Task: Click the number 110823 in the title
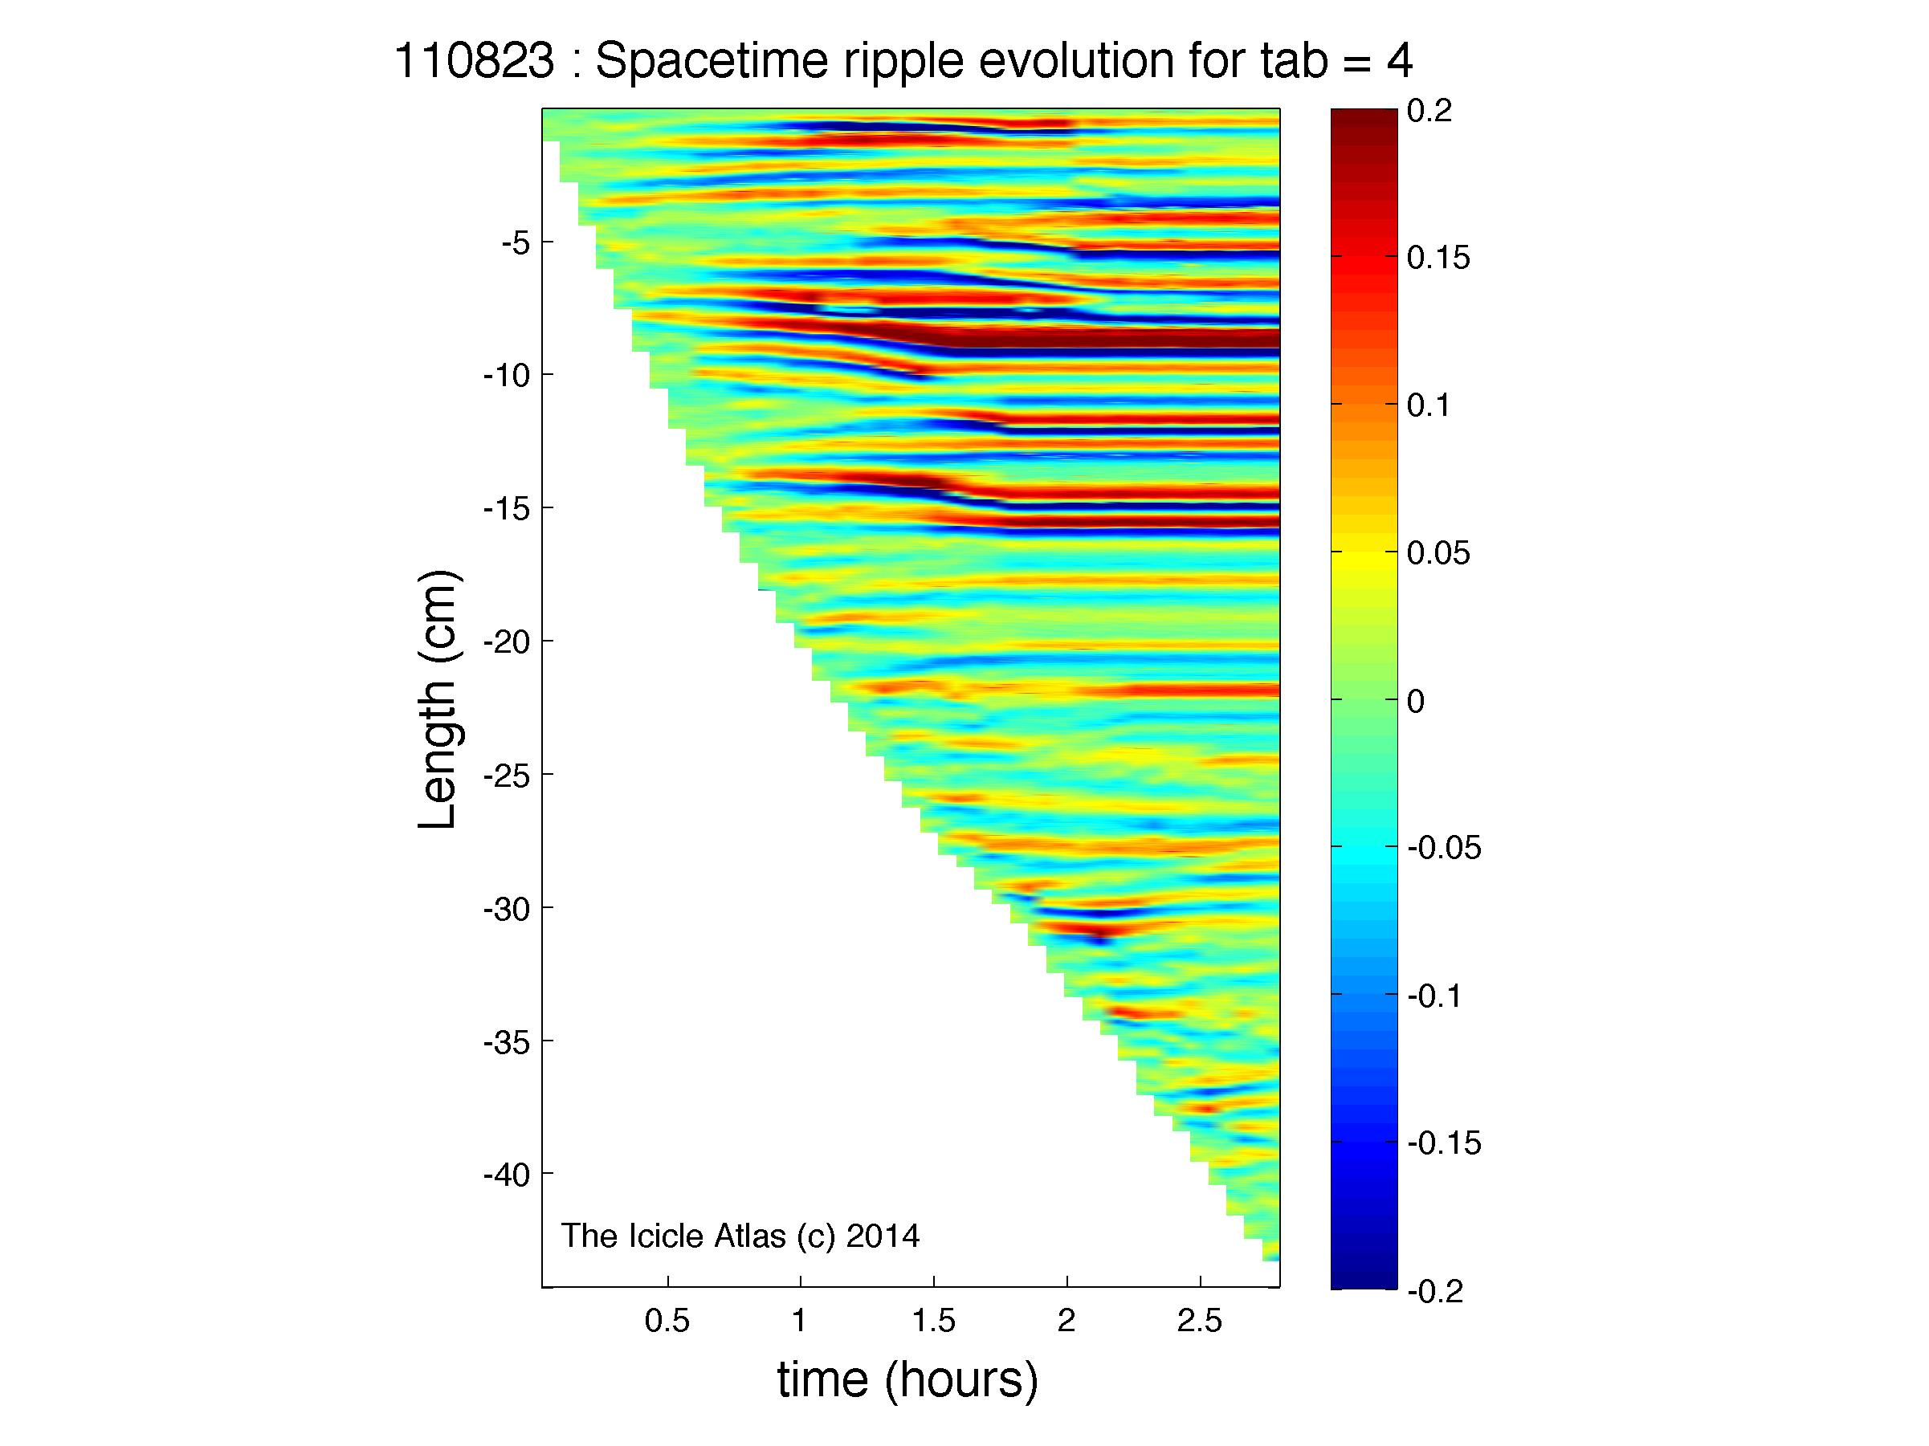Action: coord(475,62)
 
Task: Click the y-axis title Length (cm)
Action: coord(438,700)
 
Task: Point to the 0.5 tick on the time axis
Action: coord(667,1322)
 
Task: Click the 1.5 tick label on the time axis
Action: coord(934,1322)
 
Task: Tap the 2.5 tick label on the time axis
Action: coord(1200,1322)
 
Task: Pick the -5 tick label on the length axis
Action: coord(515,242)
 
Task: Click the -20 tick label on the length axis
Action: coord(507,642)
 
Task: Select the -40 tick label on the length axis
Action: coord(507,1174)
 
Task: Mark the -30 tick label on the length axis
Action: coord(507,908)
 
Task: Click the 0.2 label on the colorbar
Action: coord(1430,112)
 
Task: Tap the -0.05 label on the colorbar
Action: coord(1445,847)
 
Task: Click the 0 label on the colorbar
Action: coord(1416,701)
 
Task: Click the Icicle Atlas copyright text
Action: coord(740,1236)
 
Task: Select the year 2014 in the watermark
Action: coord(883,1236)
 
